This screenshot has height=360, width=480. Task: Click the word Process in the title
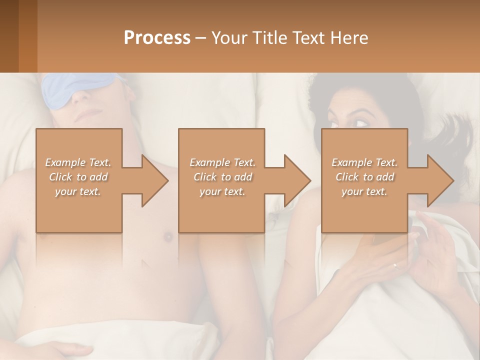pos(157,38)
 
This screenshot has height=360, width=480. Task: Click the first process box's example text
pos(78,177)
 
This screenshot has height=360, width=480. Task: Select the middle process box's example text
pos(222,177)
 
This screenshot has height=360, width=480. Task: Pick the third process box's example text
pos(364,177)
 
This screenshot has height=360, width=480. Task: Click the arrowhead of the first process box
pos(155,180)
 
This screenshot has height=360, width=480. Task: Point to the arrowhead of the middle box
pos(298,180)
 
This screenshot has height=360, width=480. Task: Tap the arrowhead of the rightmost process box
pos(441,180)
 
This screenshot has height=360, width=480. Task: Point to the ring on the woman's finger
pos(395,266)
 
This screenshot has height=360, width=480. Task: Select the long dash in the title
pos(201,38)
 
